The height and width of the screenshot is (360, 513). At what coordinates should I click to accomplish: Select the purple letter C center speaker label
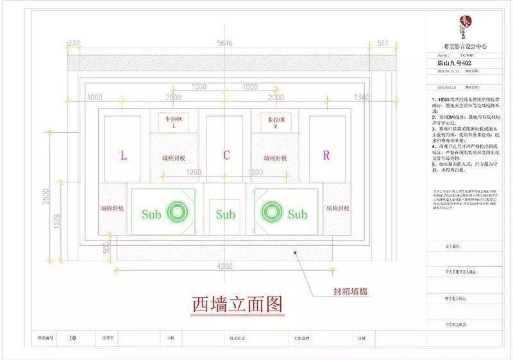pos(226,155)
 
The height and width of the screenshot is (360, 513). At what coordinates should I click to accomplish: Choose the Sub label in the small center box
pos(225,214)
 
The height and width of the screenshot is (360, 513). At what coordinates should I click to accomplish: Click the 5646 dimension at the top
pos(224,44)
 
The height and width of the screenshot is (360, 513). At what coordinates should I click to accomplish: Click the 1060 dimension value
pos(94,97)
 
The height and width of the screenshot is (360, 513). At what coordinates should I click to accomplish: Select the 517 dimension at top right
pos(383,44)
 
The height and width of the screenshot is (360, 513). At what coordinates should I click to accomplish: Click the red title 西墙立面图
pos(237,304)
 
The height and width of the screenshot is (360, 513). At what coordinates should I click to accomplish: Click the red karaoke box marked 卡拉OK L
pos(174,121)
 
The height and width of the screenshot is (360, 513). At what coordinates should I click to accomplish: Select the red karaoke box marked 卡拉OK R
pos(275,121)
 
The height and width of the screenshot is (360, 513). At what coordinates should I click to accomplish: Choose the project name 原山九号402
pos(451,64)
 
